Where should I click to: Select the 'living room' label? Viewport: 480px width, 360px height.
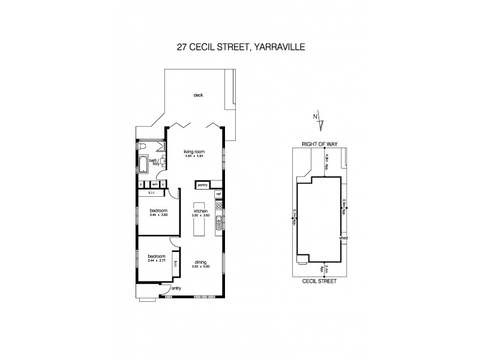pyautogui.click(x=193, y=152)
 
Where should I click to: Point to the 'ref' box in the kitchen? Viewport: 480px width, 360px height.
pyautogui.click(x=218, y=194)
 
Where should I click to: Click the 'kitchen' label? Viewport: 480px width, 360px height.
pyautogui.click(x=201, y=211)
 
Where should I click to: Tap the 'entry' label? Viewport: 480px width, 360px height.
pyautogui.click(x=176, y=289)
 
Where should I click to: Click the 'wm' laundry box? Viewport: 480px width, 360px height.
pyautogui.click(x=154, y=185)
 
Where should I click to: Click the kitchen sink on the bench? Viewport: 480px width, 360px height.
pyautogui.click(x=220, y=223)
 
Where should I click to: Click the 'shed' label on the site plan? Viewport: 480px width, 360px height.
pyautogui.click(x=344, y=238)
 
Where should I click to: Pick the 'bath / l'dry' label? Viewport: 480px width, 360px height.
pyautogui.click(x=154, y=161)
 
